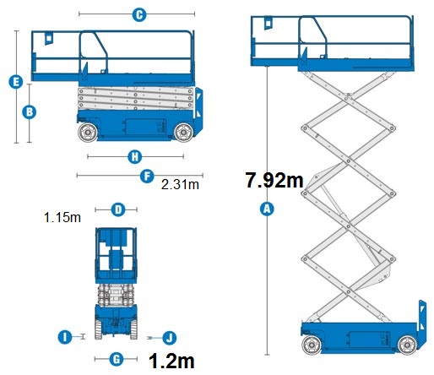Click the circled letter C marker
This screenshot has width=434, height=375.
point(138,14)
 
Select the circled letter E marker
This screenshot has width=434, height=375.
point(14,82)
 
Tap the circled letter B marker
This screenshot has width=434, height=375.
point(28,111)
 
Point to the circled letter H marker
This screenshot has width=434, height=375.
point(133,156)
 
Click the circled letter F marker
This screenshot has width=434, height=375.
point(146,176)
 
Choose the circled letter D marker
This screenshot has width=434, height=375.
point(118,209)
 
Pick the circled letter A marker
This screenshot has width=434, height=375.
point(268,209)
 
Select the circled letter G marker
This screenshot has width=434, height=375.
point(117,359)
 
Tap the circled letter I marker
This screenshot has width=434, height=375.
point(64,337)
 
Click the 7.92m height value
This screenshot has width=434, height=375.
point(274,180)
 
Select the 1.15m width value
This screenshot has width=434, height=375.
point(62,218)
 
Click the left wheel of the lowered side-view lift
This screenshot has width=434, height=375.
point(87,133)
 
